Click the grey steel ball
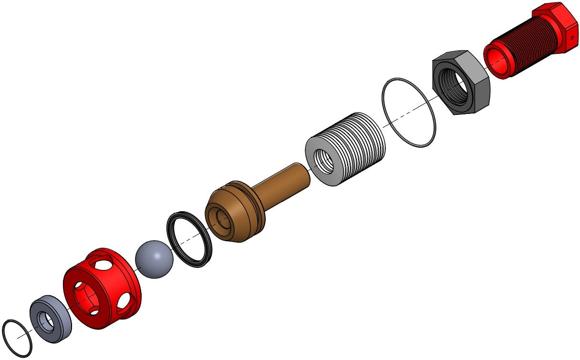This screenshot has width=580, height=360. pos(154,260)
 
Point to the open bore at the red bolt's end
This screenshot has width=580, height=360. pos(497,61)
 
